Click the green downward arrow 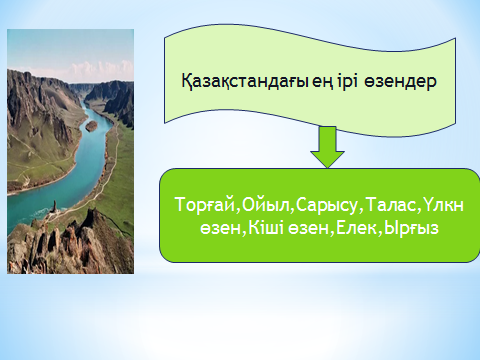click(328, 147)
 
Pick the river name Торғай click(205, 205)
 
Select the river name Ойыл click(266, 204)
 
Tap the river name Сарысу click(326, 205)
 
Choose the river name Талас click(391, 204)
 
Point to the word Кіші click(266, 228)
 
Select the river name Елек click(357, 228)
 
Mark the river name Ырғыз click(411, 229)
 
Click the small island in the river click(91, 125)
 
